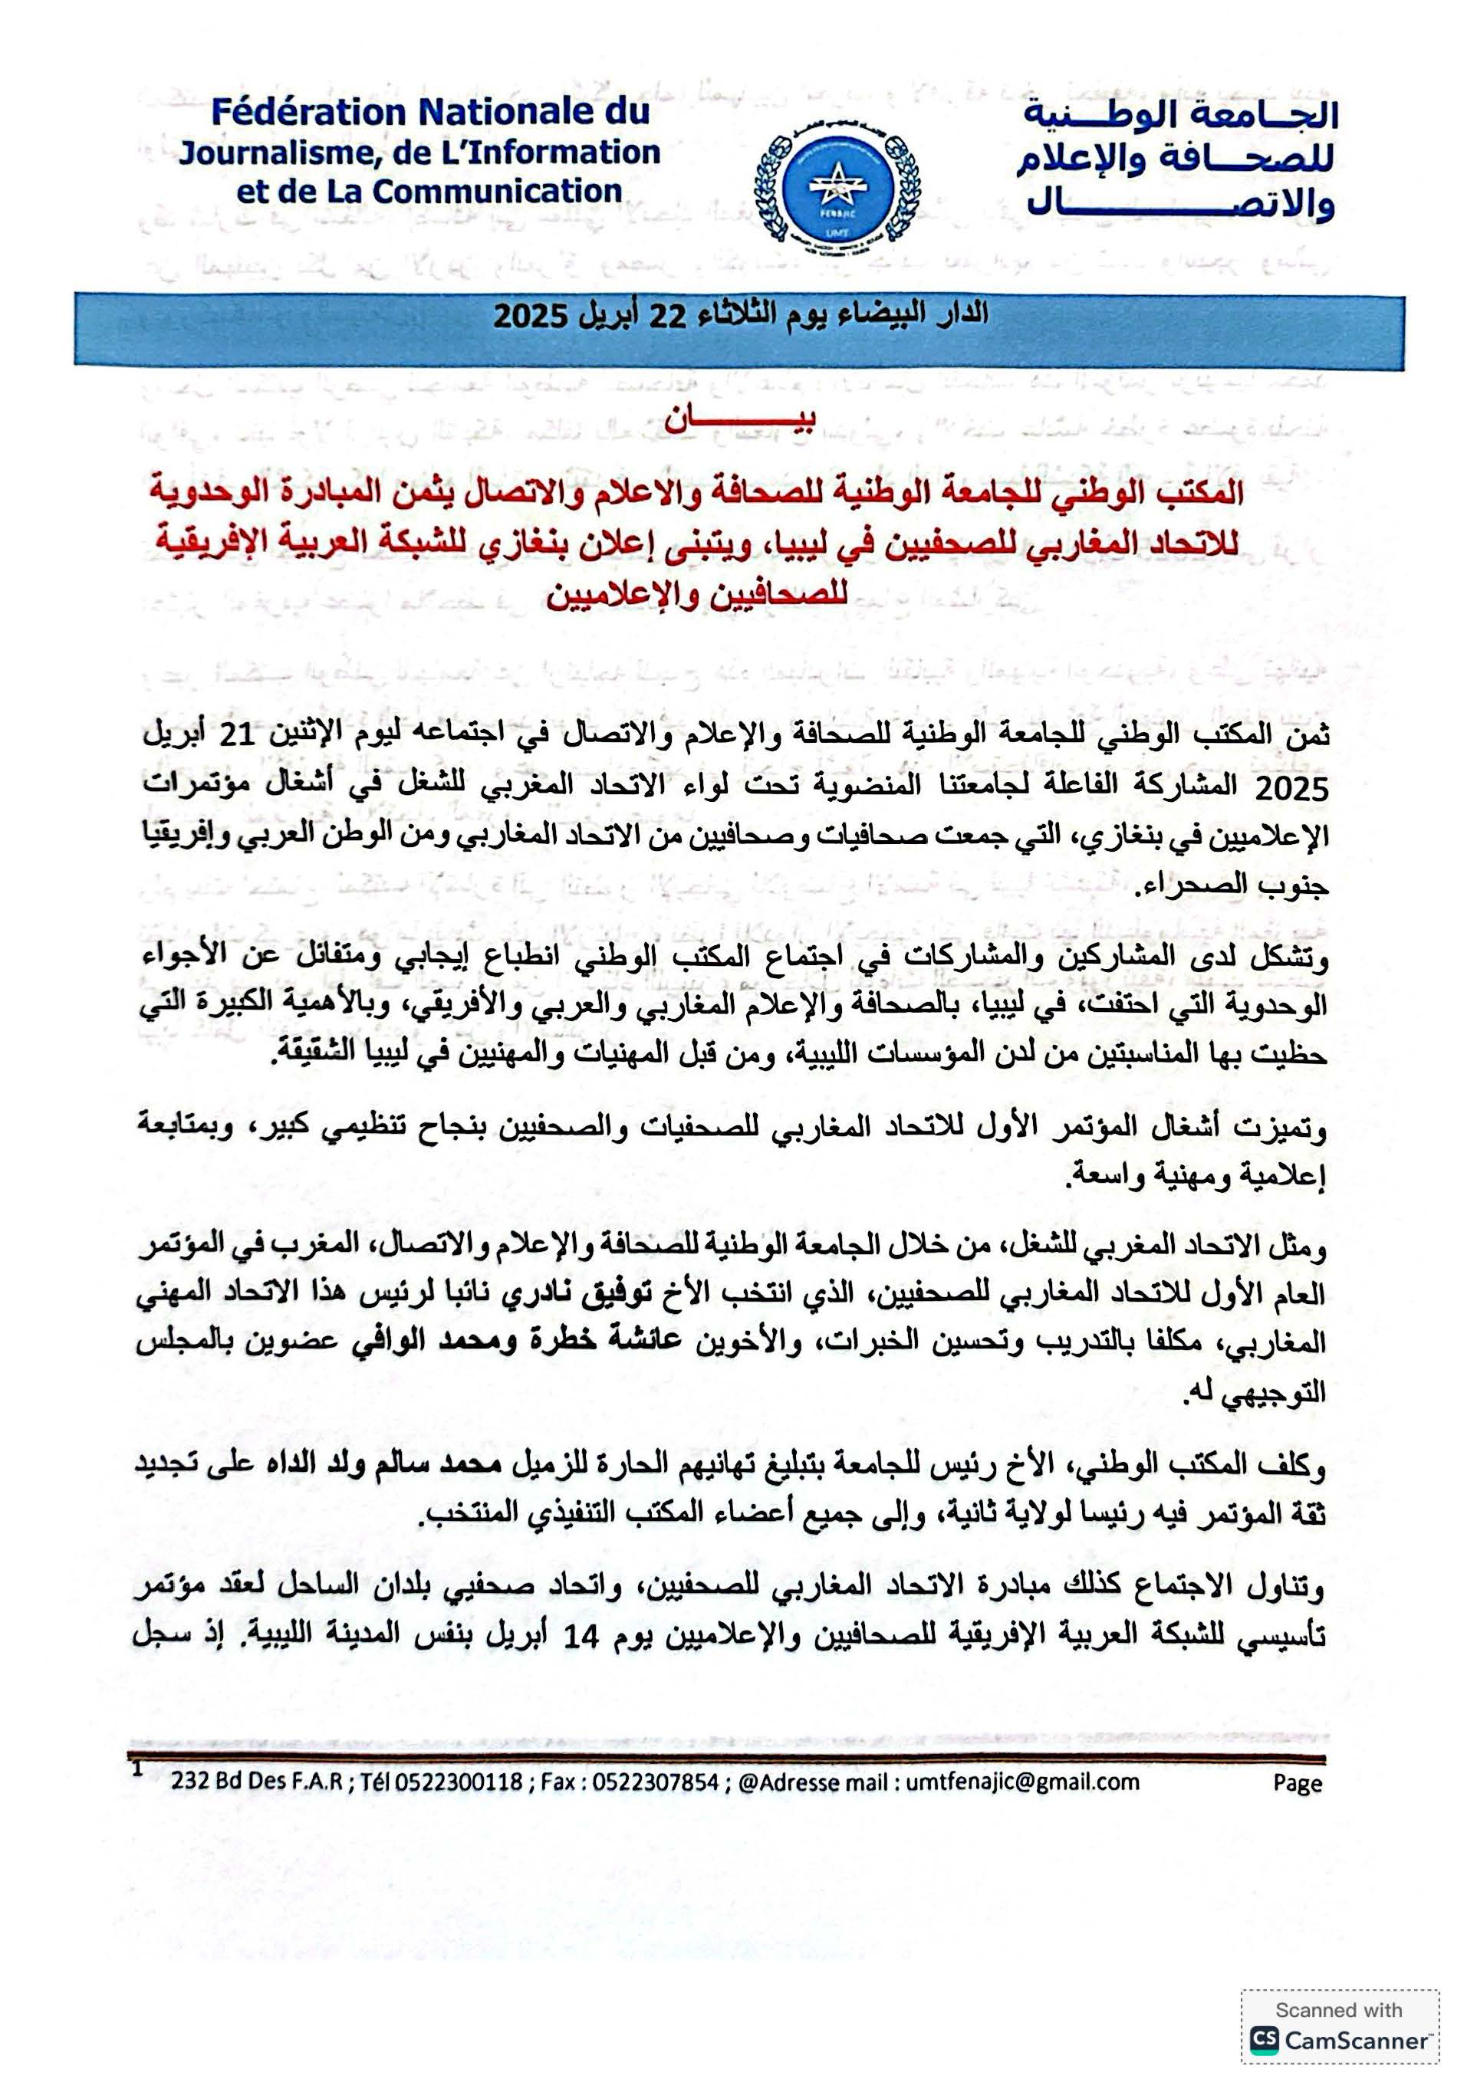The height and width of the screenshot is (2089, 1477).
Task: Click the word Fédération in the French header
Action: click(308, 113)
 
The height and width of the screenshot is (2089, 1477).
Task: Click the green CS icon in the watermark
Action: click(1263, 2039)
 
